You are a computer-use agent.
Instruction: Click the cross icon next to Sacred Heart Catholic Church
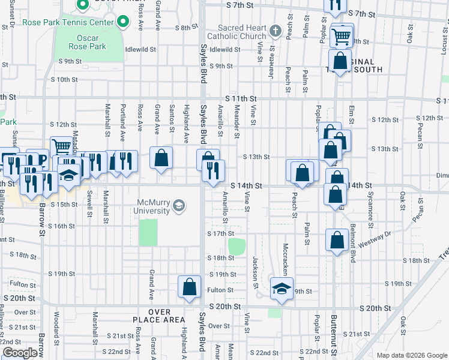[275, 31]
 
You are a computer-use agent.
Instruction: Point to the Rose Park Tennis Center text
[67, 23]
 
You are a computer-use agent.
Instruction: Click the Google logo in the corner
[20, 353]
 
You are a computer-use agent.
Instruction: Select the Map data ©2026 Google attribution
[411, 355]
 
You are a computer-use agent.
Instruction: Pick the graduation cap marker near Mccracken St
[281, 289]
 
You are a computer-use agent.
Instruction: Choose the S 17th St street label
[220, 233]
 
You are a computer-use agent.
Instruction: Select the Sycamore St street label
[370, 212]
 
